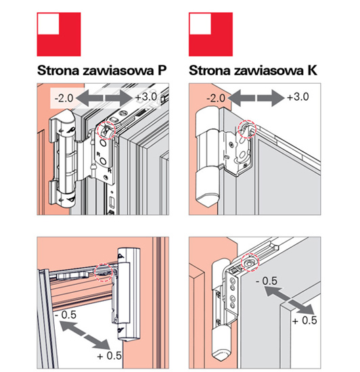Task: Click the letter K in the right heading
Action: (312, 70)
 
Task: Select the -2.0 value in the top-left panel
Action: (64, 98)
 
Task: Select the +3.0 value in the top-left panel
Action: (146, 97)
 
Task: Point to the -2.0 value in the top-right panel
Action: (216, 98)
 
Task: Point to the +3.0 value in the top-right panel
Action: (298, 97)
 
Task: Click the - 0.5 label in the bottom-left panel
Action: (66, 315)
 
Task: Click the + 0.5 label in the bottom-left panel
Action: (110, 356)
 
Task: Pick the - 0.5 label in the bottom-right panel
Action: (267, 281)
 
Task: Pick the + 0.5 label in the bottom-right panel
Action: (305, 321)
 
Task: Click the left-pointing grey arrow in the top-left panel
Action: (89, 98)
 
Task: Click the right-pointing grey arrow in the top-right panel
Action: (271, 98)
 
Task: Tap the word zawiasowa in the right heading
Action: (269, 70)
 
